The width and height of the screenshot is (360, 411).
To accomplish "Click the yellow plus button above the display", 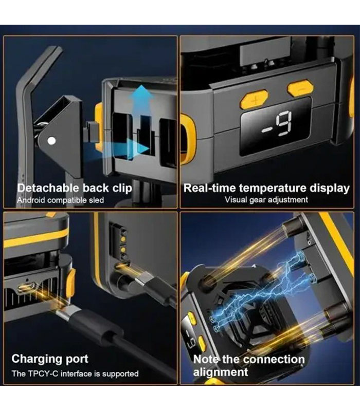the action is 254,99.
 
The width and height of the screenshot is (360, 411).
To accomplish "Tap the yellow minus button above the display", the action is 301,88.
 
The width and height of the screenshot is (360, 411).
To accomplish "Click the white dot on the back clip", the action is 52,141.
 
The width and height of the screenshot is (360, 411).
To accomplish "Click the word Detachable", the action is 48,188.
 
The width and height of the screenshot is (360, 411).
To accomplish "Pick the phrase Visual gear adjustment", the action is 266,200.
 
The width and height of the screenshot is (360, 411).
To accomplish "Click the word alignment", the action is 221,372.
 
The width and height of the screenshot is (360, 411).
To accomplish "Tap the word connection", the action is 278,359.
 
